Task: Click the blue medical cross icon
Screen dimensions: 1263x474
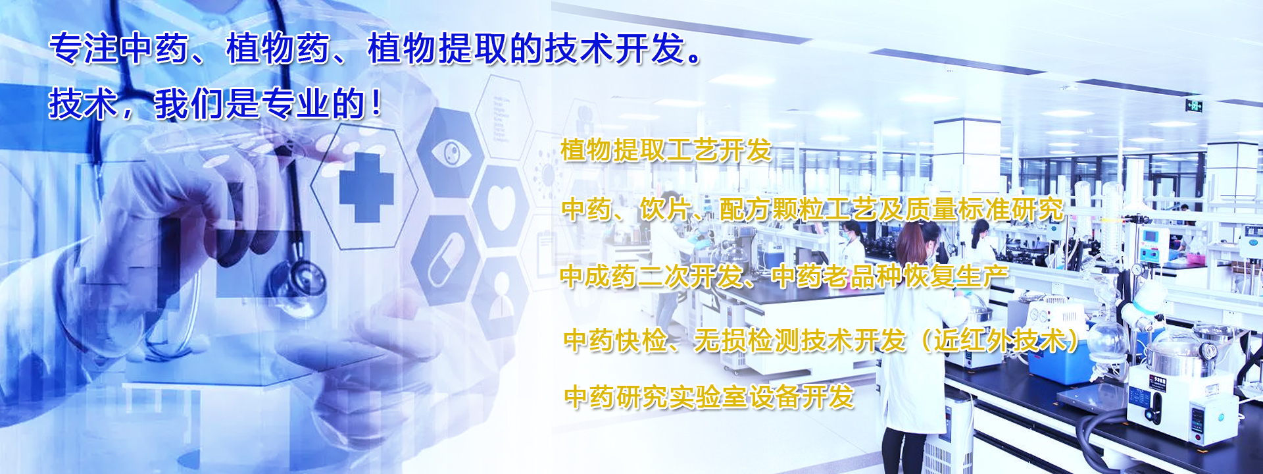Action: click(x=366, y=188)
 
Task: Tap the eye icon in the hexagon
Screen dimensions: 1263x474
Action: click(x=451, y=153)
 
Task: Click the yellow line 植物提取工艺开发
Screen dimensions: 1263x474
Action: click(x=666, y=150)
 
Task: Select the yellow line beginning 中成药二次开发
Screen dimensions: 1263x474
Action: click(x=784, y=276)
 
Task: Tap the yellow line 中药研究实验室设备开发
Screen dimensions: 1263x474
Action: click(x=709, y=397)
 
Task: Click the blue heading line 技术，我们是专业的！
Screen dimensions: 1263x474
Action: click(x=216, y=104)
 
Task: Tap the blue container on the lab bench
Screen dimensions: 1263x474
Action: click(x=1060, y=364)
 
